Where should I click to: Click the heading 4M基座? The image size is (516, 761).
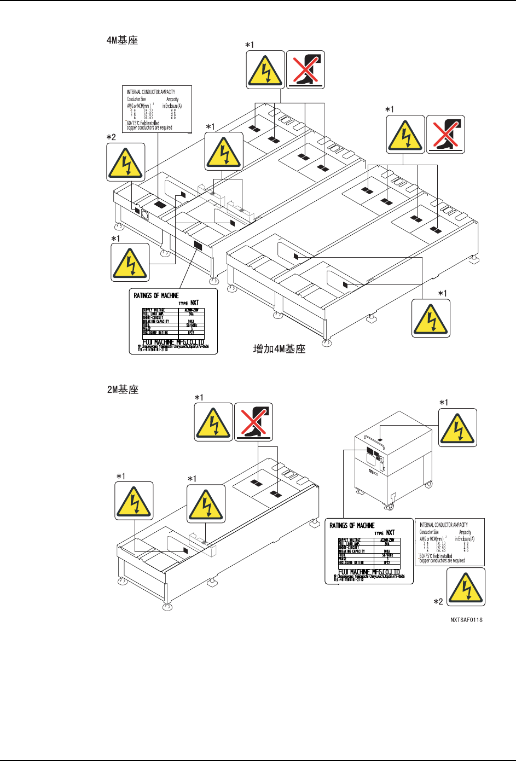[x=122, y=40]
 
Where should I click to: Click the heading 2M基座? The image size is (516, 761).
[x=122, y=390]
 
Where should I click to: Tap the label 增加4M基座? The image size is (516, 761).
[x=279, y=349]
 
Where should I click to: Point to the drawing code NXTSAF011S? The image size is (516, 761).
[x=466, y=620]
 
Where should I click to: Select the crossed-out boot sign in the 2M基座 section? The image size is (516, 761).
[x=253, y=422]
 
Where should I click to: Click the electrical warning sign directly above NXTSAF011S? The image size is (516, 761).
[x=466, y=586]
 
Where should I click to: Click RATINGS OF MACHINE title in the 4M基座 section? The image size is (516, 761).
[x=156, y=295]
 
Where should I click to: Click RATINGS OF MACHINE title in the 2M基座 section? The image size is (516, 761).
[x=352, y=525]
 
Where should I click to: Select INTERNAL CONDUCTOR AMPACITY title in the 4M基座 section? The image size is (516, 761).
[x=151, y=92]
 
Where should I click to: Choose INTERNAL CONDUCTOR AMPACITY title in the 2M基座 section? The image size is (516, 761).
[x=444, y=525]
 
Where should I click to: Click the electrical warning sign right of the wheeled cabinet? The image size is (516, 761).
[x=458, y=428]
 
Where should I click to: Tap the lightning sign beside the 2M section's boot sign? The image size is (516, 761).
[x=213, y=422]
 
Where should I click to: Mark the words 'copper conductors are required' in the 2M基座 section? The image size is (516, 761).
[x=442, y=561]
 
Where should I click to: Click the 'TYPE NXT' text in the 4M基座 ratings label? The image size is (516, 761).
[x=189, y=303]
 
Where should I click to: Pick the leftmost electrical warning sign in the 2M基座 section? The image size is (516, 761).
[x=134, y=501]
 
